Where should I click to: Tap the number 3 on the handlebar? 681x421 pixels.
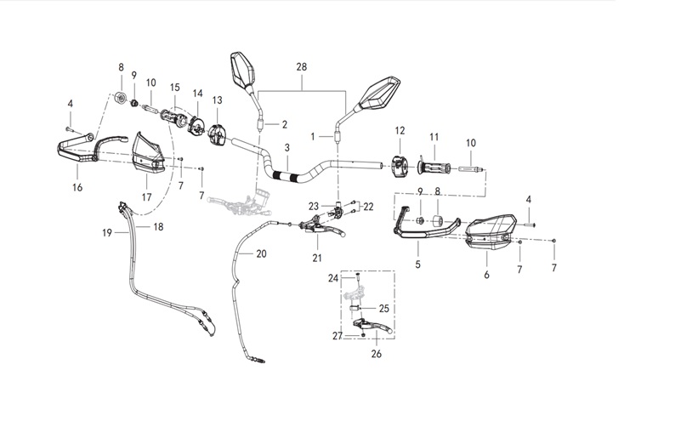click(287, 147)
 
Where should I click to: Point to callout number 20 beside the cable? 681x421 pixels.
click(260, 253)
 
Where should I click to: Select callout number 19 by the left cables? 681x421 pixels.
click(109, 231)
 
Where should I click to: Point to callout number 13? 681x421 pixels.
click(217, 100)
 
